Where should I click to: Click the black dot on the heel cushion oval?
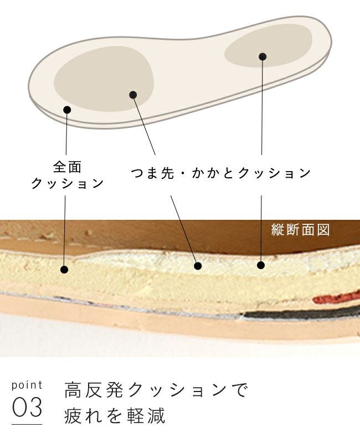click(263, 56)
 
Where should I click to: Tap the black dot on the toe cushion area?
click(133, 95)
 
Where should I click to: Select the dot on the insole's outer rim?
click(67, 110)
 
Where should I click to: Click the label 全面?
click(67, 167)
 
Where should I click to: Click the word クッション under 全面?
click(67, 183)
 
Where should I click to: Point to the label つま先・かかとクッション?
click(220, 173)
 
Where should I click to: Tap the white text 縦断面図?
click(300, 230)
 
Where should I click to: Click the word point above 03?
click(27, 385)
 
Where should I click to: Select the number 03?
click(27, 407)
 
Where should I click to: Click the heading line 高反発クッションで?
click(156, 390)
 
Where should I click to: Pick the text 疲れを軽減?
click(115, 416)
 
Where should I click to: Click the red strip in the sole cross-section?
click(336, 297)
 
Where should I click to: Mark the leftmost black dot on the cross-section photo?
click(64, 270)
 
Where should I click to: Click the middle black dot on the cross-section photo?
click(198, 266)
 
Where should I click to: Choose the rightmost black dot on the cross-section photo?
click(261, 265)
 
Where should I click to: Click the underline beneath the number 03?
click(27, 424)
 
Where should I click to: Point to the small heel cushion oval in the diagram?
click(269, 46)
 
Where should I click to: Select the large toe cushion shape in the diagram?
click(104, 79)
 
